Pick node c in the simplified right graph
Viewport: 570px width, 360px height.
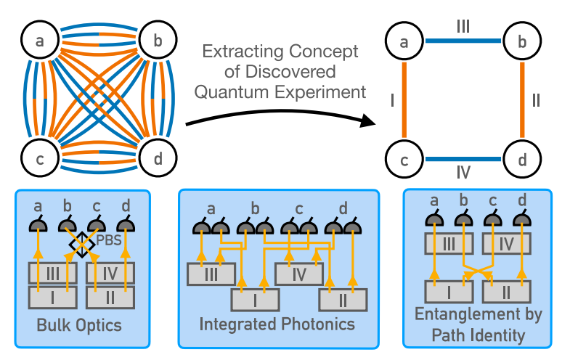[x=404, y=158]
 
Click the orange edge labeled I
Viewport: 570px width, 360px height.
[x=404, y=100]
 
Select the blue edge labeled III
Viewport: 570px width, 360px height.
[x=463, y=42]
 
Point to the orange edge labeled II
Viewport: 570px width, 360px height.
[x=521, y=100]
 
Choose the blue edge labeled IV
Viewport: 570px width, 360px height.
[x=463, y=158]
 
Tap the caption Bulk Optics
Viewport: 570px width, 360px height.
[x=80, y=325]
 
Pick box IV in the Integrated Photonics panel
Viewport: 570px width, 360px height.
[x=298, y=274]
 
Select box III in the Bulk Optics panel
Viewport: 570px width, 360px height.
[x=52, y=273]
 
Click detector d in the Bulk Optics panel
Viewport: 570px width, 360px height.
[x=126, y=226]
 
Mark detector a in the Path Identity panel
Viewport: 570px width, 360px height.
[x=434, y=220]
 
